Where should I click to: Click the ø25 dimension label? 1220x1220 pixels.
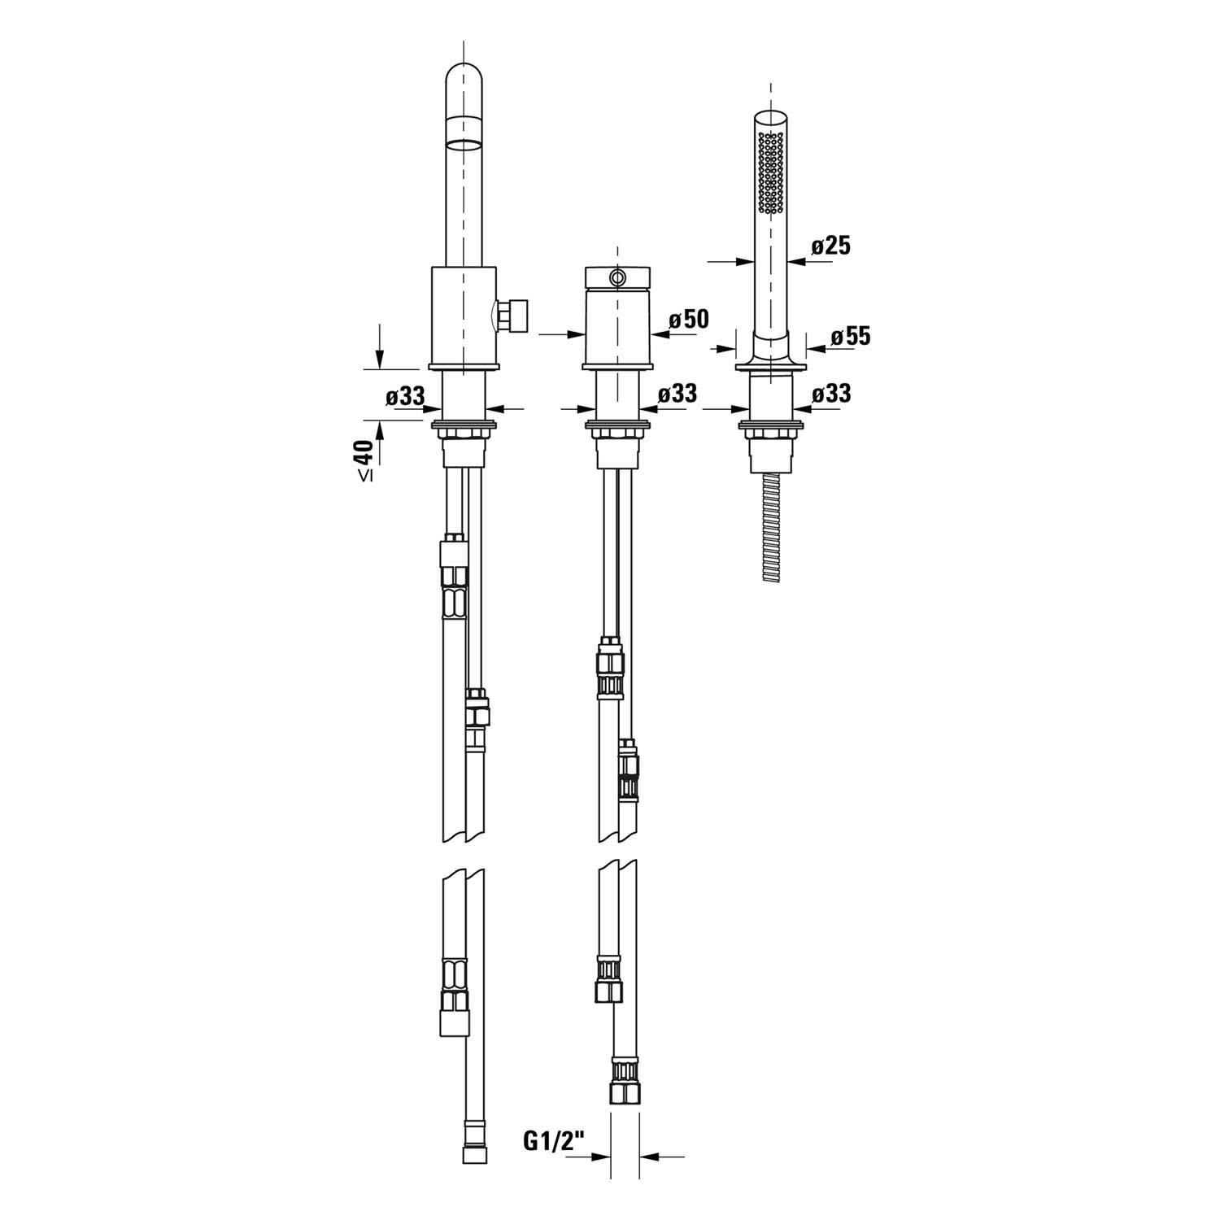pyautogui.click(x=831, y=245)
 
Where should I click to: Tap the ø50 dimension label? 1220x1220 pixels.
pyautogui.click(x=689, y=319)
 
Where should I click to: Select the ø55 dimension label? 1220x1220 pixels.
pyautogui.click(x=851, y=336)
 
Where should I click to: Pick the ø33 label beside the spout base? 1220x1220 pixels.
pyautogui.click(x=406, y=397)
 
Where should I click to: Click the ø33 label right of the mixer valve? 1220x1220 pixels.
pyautogui.click(x=678, y=394)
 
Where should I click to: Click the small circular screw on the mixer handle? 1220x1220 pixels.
pyautogui.click(x=617, y=277)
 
